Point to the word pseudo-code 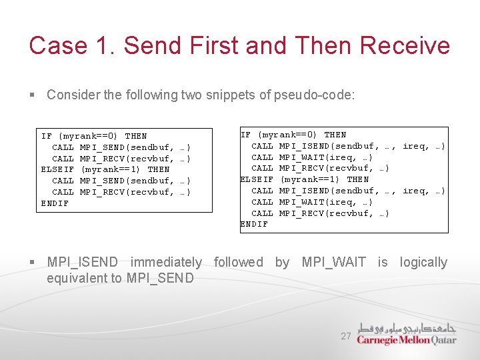tap(314, 95)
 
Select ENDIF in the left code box tap(55, 203)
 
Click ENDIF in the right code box tap(254, 225)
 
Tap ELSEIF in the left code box tap(57, 169)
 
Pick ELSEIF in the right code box tap(257, 179)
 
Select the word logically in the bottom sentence tap(423, 262)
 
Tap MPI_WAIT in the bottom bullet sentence tap(334, 262)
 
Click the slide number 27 tap(345, 337)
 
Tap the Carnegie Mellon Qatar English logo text tap(406, 340)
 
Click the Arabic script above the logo tap(406, 328)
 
